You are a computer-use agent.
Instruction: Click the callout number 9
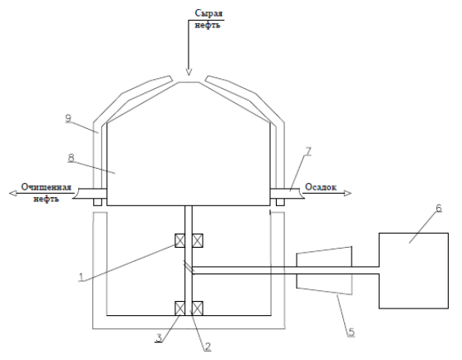point(68,118)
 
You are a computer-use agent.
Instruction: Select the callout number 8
point(71,158)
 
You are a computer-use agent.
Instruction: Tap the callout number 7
point(308,151)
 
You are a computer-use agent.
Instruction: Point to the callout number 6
point(439,208)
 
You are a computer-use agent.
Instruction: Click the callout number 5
point(351,333)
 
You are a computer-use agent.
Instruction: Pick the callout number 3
point(159,338)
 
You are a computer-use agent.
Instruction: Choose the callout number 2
point(208,347)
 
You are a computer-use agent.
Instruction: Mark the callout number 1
point(81,277)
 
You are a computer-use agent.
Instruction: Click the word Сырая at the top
point(209,13)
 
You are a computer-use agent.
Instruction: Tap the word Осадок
point(321,187)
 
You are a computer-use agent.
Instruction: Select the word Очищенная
point(47,187)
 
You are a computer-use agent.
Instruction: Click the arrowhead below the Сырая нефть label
point(189,72)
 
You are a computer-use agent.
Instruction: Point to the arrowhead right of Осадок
point(348,194)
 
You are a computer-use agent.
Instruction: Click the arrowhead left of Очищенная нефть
point(12,194)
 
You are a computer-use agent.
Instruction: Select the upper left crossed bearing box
point(180,240)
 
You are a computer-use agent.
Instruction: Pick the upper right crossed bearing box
point(198,240)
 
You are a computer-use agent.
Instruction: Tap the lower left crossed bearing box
point(180,308)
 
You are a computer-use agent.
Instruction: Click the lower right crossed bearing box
point(198,308)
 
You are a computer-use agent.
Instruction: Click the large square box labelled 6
point(414,271)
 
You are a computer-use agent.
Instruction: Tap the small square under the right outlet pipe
point(280,202)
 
